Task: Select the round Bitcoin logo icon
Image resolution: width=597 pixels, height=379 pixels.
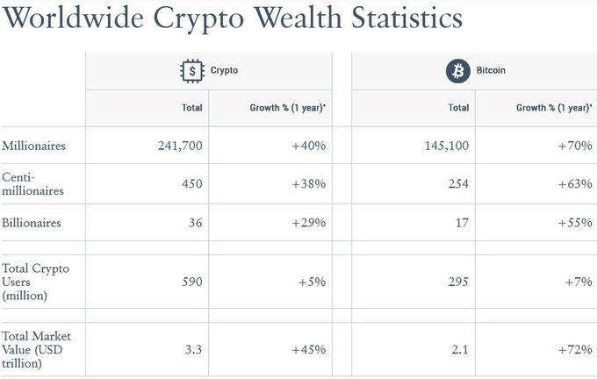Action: point(457,71)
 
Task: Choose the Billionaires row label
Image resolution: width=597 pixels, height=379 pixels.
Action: point(32,223)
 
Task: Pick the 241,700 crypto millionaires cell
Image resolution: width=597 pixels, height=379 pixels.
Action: point(180,146)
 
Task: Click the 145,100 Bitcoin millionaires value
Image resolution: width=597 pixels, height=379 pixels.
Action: point(447,146)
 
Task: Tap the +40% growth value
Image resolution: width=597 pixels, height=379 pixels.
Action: point(309,146)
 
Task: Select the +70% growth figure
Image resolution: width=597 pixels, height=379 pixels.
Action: point(576,146)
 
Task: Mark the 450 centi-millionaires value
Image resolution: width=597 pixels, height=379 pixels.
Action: point(191,184)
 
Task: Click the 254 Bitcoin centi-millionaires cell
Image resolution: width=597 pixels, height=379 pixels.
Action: point(457,184)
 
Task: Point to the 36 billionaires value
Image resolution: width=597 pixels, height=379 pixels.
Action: point(195,223)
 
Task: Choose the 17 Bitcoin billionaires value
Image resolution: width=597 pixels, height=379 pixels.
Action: point(462,223)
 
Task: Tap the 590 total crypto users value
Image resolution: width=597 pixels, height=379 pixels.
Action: point(191,282)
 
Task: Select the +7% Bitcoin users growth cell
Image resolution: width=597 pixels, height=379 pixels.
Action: point(579,282)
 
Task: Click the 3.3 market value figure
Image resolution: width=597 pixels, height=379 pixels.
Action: point(194,349)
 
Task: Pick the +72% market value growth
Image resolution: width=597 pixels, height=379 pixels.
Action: point(576,349)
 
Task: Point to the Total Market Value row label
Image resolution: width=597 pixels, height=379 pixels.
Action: point(37,349)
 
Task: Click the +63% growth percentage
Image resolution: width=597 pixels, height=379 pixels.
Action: point(576,184)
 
